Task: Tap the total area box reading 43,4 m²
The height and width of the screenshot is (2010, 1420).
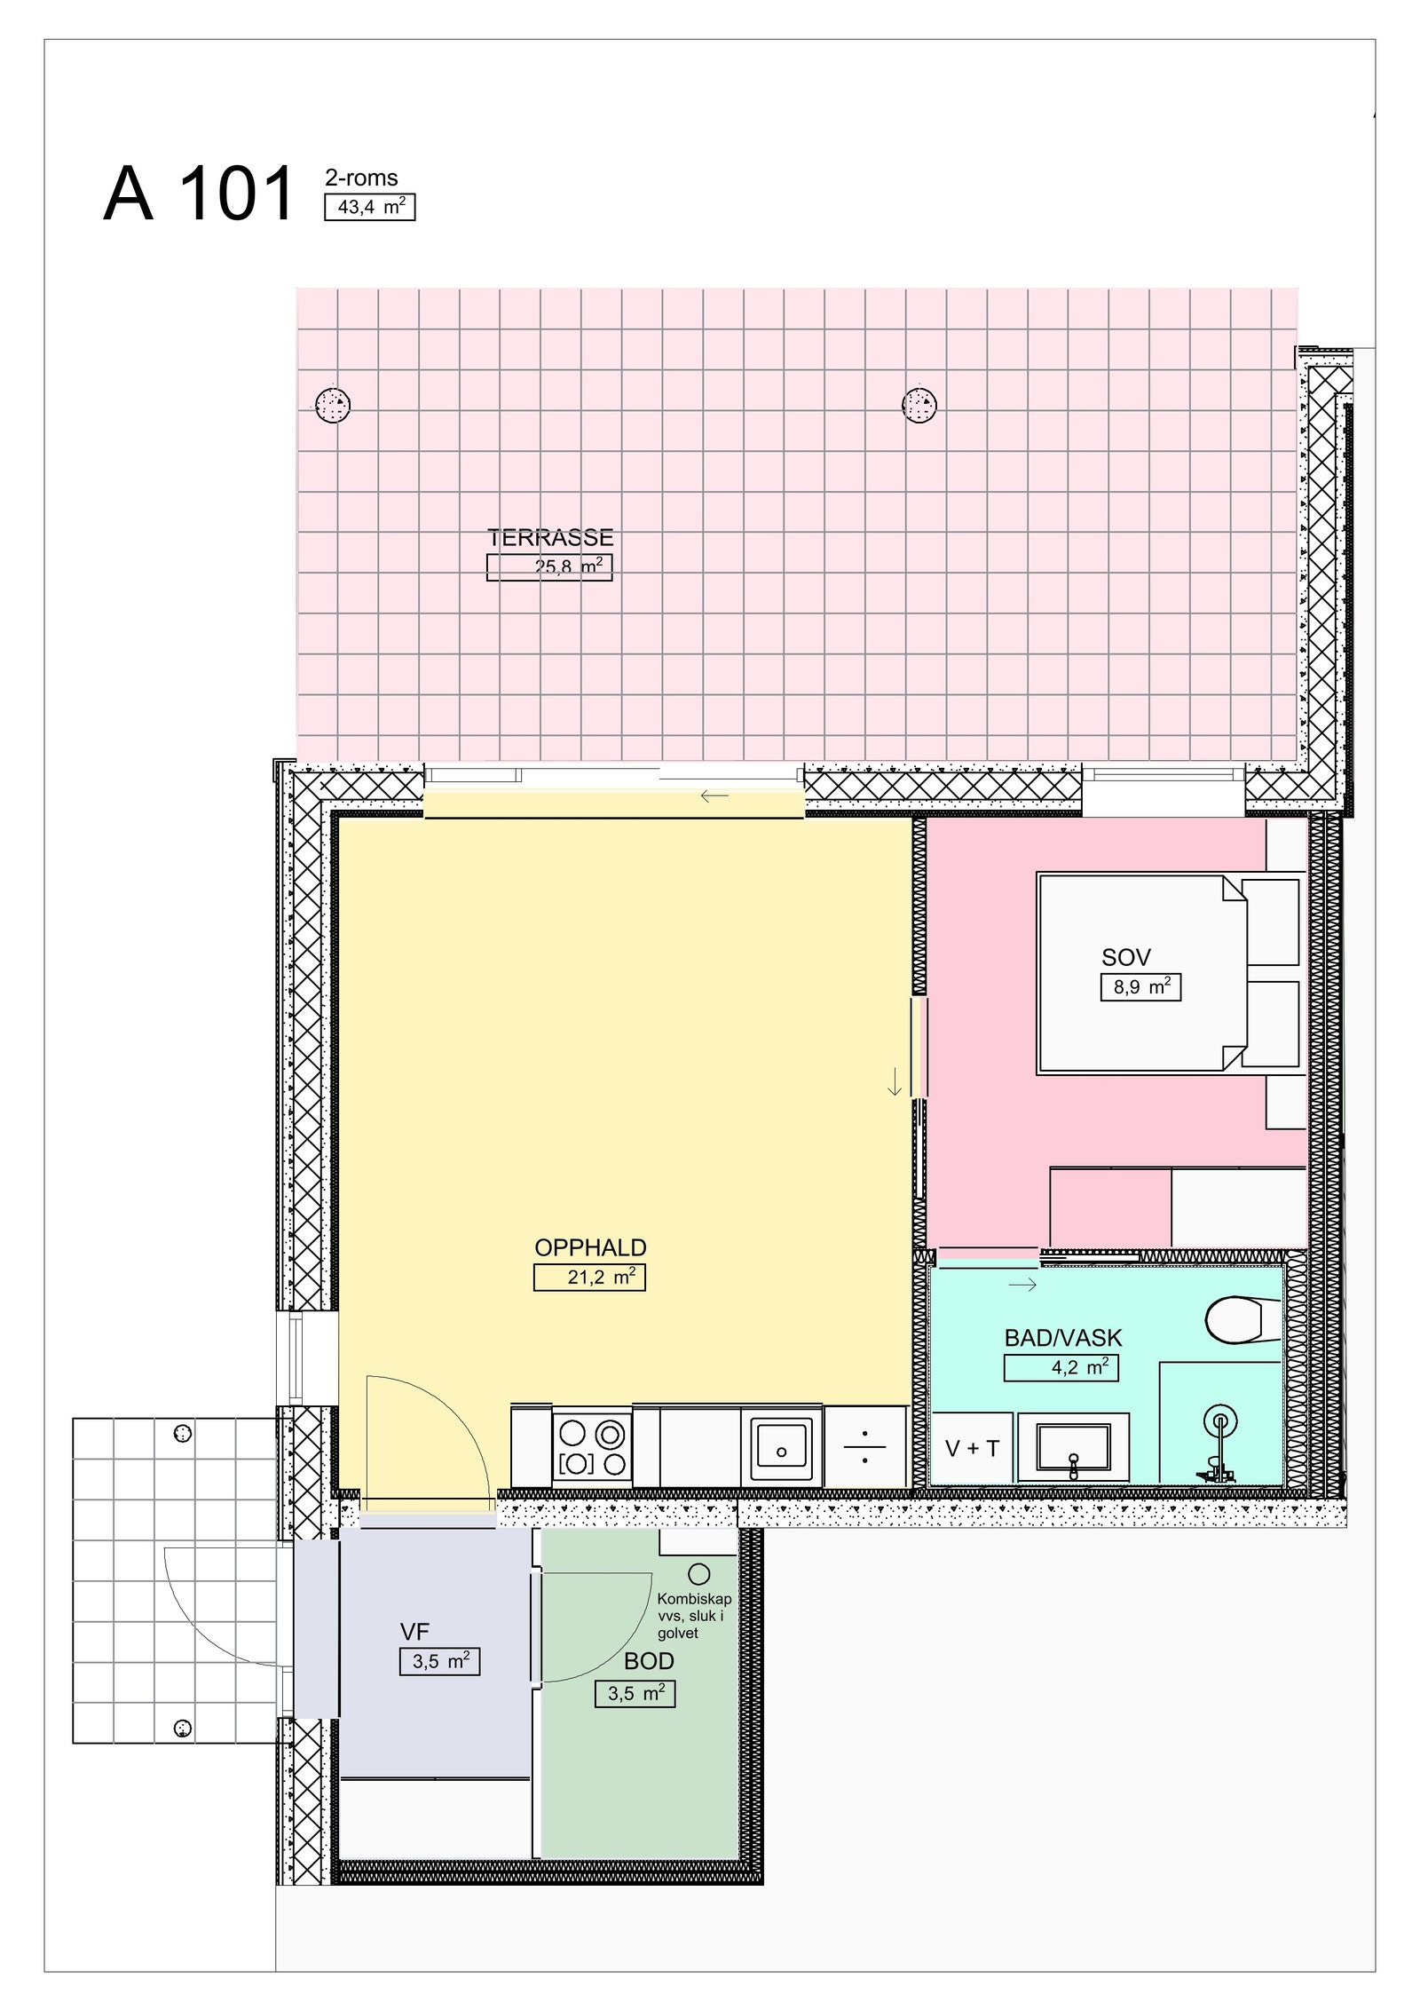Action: tap(369, 208)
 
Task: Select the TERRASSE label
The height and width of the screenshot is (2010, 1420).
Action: tap(550, 538)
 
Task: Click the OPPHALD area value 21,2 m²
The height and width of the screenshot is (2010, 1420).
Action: tap(589, 1278)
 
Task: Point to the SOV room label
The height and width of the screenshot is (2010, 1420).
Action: tap(1125, 957)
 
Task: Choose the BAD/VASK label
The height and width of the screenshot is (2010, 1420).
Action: tap(1062, 1338)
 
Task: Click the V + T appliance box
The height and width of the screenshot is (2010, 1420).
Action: tap(972, 1448)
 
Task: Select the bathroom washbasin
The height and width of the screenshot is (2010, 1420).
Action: tap(1073, 1449)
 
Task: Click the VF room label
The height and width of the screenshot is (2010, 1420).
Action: tap(414, 1631)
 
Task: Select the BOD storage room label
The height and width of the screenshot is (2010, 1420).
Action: tap(649, 1661)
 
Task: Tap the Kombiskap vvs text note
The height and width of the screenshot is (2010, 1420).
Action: tap(694, 1616)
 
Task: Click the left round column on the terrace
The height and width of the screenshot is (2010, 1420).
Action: tap(333, 406)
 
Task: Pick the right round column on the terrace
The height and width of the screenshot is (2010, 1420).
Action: tap(919, 406)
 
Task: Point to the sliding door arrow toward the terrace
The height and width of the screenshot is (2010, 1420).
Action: tap(714, 796)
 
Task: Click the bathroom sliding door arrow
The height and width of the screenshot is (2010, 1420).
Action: tap(1022, 1285)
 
